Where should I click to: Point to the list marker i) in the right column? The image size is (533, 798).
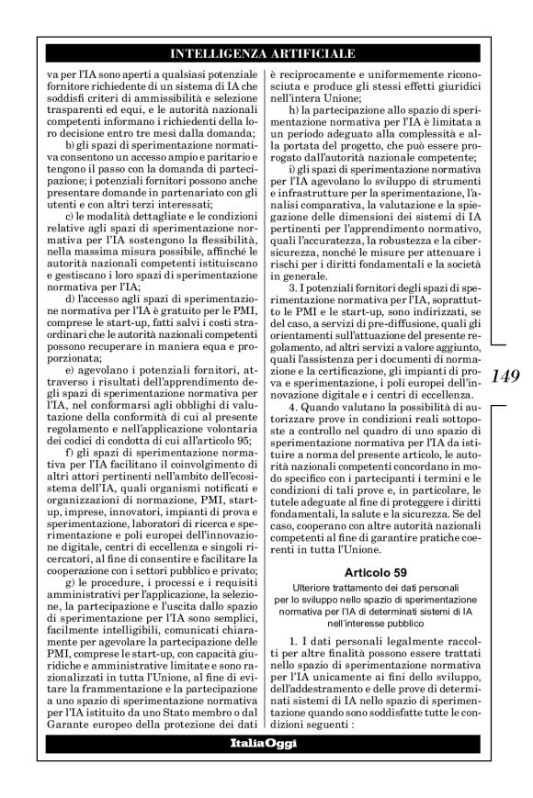pyautogui.click(x=290, y=169)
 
